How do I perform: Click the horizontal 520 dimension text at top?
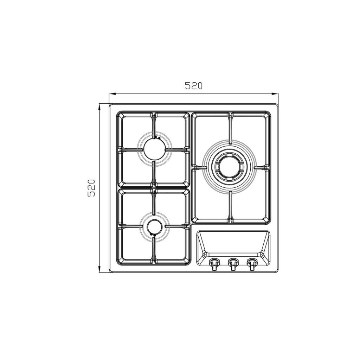click(194, 86)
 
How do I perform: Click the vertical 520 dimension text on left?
click(91, 188)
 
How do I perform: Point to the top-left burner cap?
click(154, 149)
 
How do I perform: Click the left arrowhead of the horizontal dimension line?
click(112, 94)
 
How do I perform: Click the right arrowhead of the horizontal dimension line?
click(275, 94)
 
